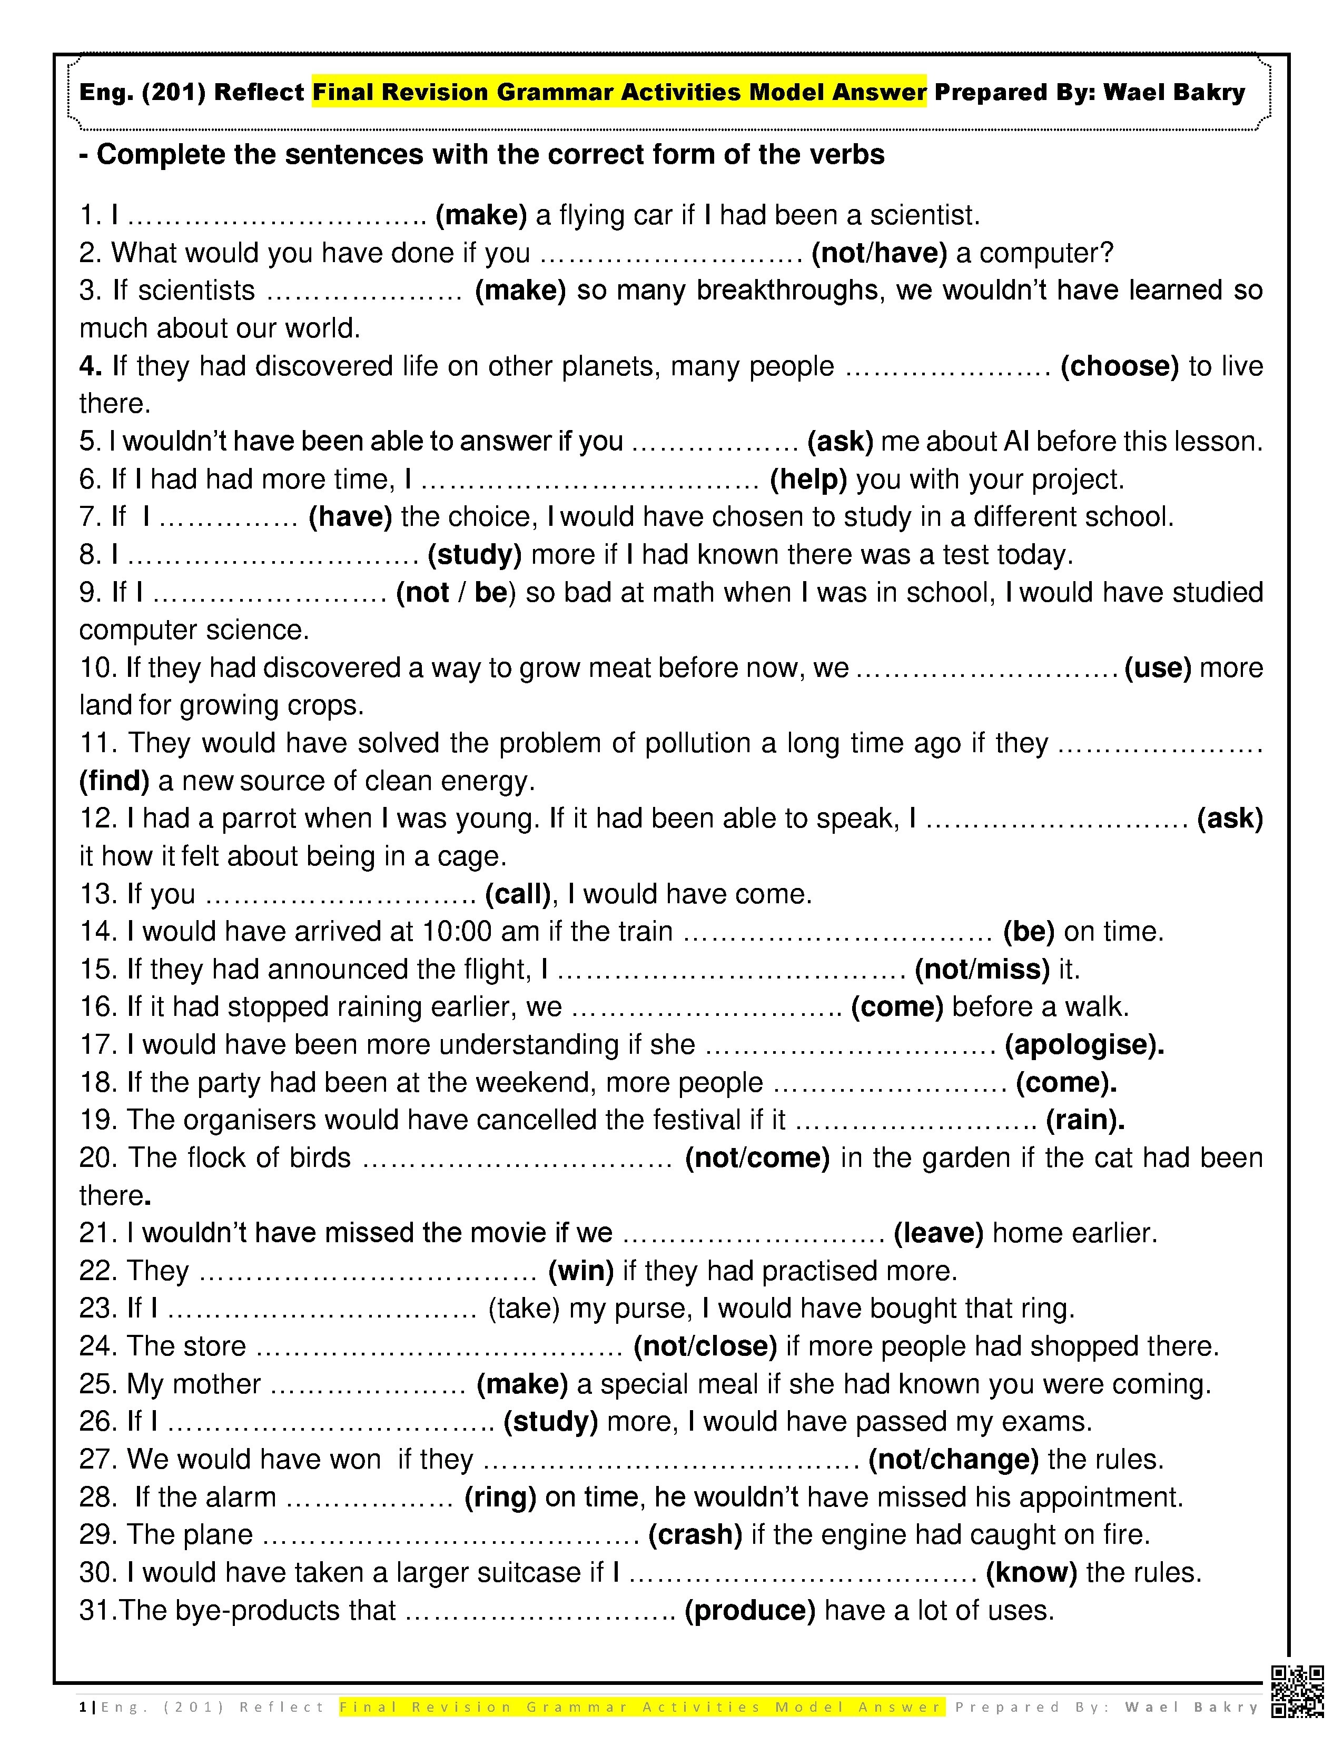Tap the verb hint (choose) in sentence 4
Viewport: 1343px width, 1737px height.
[1120, 367]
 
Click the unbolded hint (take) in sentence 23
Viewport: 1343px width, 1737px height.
[525, 1309]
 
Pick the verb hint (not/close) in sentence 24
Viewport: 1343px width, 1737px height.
[705, 1346]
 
